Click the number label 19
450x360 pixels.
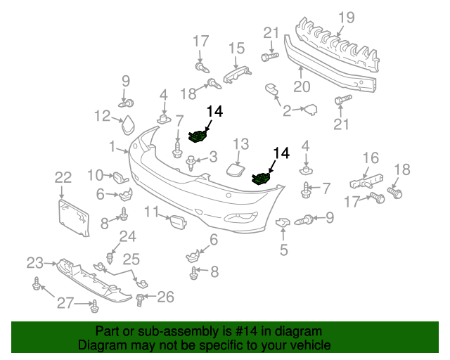tap(345, 18)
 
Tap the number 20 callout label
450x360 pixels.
tap(302, 87)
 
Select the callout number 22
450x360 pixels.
tap(63, 178)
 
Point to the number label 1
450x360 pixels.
tap(112, 146)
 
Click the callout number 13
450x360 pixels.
tap(240, 143)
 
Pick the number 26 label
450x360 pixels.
tap(165, 297)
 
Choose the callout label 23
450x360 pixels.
tap(35, 263)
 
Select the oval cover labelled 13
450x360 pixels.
tap(235, 169)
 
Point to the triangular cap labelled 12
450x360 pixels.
tap(129, 127)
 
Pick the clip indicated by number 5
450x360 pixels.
tap(284, 224)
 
